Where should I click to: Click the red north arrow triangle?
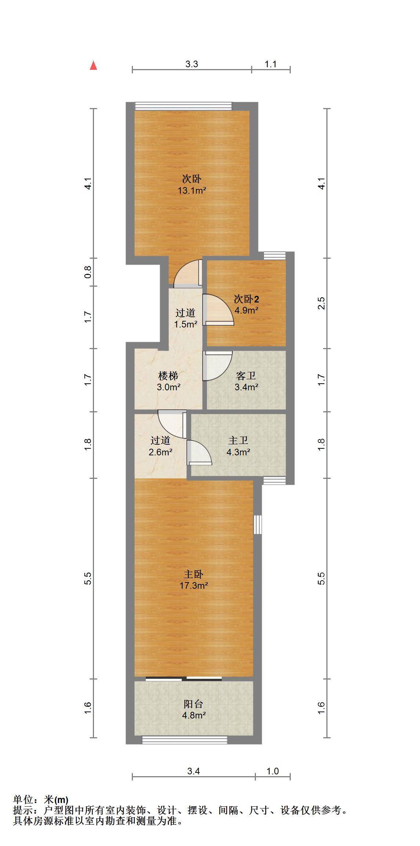(x=94, y=65)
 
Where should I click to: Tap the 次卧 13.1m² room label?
(x=192, y=185)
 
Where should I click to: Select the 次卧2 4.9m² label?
(x=246, y=304)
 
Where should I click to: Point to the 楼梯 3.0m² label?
(x=169, y=381)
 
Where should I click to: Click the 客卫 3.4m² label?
(x=246, y=381)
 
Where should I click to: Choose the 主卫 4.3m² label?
(x=238, y=446)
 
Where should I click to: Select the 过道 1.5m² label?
(x=185, y=318)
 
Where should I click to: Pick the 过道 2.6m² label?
(x=160, y=446)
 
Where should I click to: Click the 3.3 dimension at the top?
(x=192, y=64)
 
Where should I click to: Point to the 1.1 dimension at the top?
(x=271, y=64)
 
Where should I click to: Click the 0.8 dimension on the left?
(x=88, y=272)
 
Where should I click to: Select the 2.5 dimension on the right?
(x=322, y=303)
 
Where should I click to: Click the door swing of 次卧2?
(x=218, y=310)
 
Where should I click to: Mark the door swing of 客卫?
(x=217, y=366)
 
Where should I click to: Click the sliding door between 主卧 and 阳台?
(x=184, y=679)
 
